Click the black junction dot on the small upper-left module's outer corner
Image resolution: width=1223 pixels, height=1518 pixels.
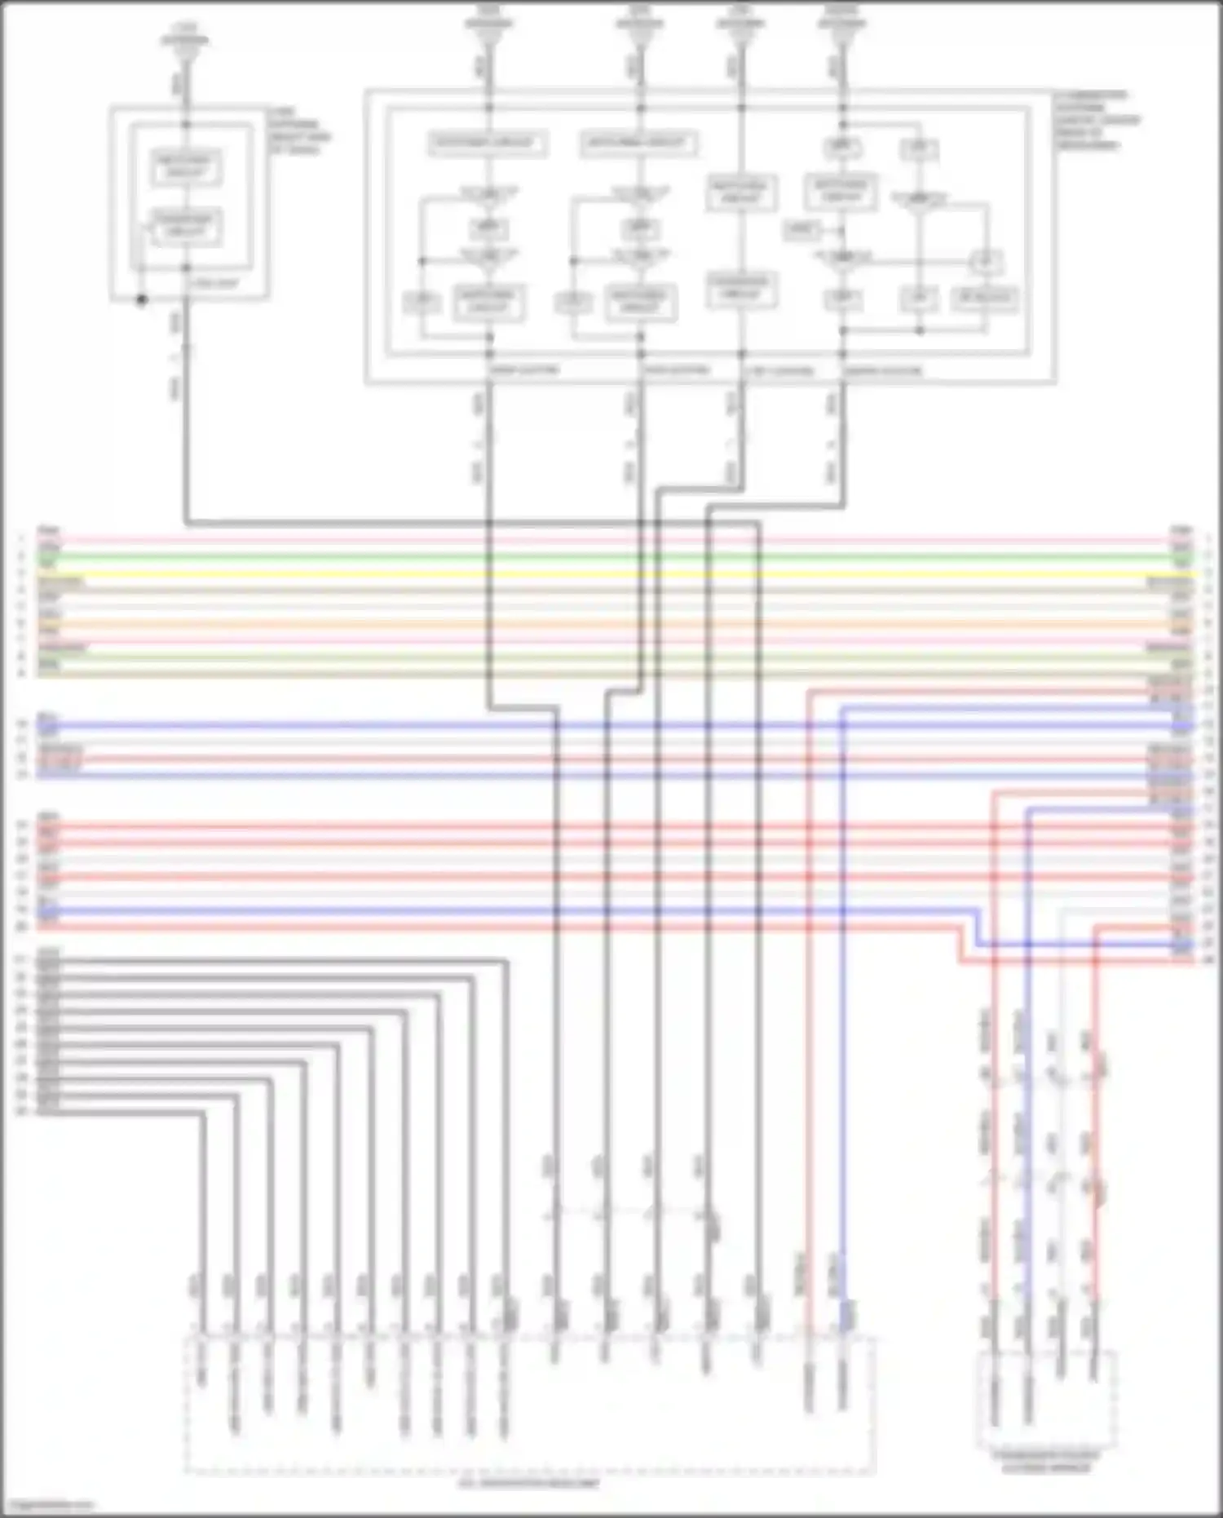tap(141, 300)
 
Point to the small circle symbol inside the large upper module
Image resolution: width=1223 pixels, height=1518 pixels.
tap(985, 262)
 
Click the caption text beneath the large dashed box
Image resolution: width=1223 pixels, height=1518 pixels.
tap(528, 1482)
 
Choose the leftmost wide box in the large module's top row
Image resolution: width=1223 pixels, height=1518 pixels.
tap(488, 144)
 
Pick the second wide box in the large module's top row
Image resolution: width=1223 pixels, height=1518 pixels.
tap(638, 144)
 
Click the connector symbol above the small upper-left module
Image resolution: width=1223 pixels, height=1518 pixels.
tap(186, 46)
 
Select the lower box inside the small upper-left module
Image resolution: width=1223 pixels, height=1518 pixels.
tap(186, 226)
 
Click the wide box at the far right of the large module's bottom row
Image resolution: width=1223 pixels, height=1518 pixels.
tap(984, 299)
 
